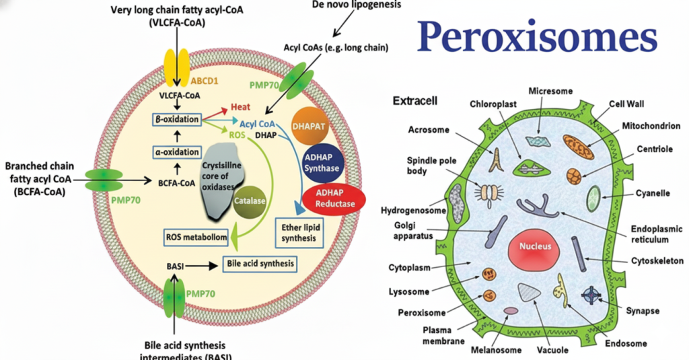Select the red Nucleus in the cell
coord(535,246)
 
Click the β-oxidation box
coord(176,120)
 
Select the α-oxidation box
coord(176,152)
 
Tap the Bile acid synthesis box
coord(260,264)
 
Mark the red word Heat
coord(240,107)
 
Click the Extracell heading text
coord(414,102)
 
